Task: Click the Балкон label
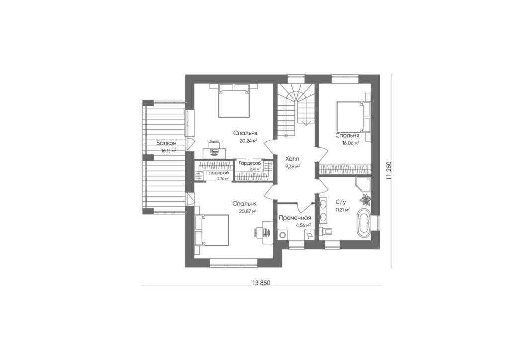click(166, 143)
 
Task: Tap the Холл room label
click(292, 159)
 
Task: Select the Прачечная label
click(295, 218)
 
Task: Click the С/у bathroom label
click(340, 202)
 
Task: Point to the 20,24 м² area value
click(249, 141)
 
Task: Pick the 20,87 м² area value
click(248, 211)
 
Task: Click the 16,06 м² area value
click(350, 143)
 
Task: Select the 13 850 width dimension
click(261, 283)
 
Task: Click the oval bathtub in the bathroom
click(363, 223)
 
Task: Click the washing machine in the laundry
click(283, 235)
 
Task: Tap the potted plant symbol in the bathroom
click(366, 199)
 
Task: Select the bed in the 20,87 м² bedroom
click(213, 230)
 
